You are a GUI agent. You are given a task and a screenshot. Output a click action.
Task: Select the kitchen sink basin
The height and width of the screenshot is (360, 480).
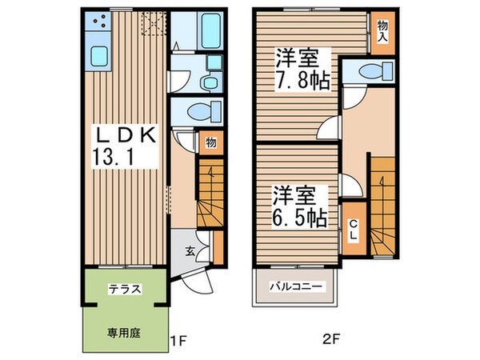pyautogui.click(x=100, y=55)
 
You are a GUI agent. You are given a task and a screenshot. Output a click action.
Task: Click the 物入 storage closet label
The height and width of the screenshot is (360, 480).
pyautogui.click(x=382, y=30)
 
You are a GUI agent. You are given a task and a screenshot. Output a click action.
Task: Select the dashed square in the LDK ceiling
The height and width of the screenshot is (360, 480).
pyautogui.click(x=150, y=23)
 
